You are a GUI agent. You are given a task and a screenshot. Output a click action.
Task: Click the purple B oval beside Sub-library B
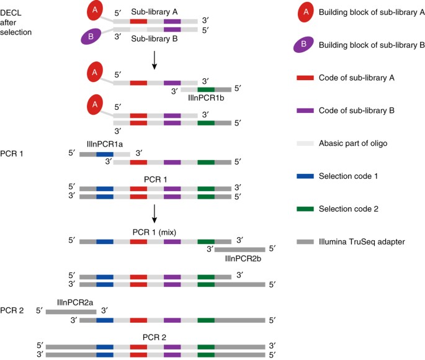pyautogui.click(x=91, y=37)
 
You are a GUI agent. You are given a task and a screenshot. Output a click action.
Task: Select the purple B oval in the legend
pyautogui.click(x=302, y=45)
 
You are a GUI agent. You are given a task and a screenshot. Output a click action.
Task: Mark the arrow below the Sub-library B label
pyautogui.click(x=155, y=60)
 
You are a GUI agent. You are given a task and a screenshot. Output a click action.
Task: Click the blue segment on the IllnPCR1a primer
pyautogui.click(x=104, y=153)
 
